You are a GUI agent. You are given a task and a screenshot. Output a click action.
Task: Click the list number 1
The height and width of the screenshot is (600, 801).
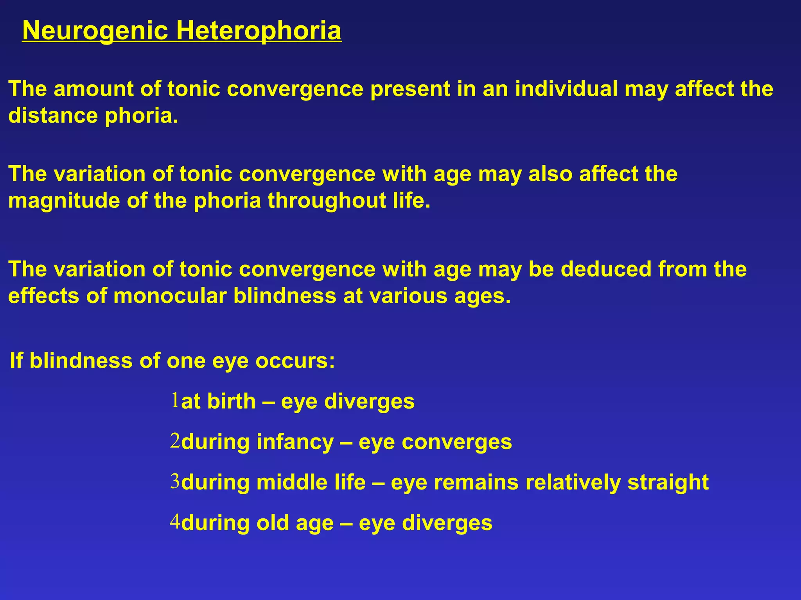tap(175, 400)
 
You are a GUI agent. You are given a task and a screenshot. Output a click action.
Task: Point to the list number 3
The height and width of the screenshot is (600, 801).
tap(175, 481)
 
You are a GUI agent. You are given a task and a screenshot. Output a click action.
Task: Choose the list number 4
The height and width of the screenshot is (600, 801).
tap(175, 521)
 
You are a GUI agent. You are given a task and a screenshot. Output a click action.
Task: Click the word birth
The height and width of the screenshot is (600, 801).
tap(231, 401)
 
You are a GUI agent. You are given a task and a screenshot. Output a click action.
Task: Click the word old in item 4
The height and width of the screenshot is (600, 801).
tap(273, 523)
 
